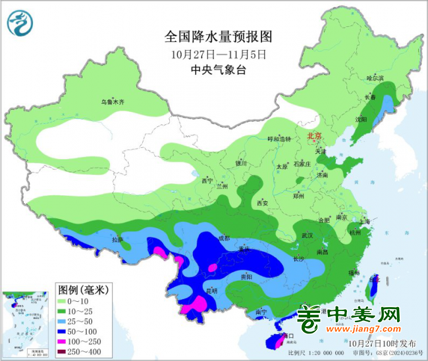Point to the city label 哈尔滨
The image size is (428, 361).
pos(374,78)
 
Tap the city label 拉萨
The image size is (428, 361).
pos(117,241)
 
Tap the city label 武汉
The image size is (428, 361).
pos(307,235)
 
